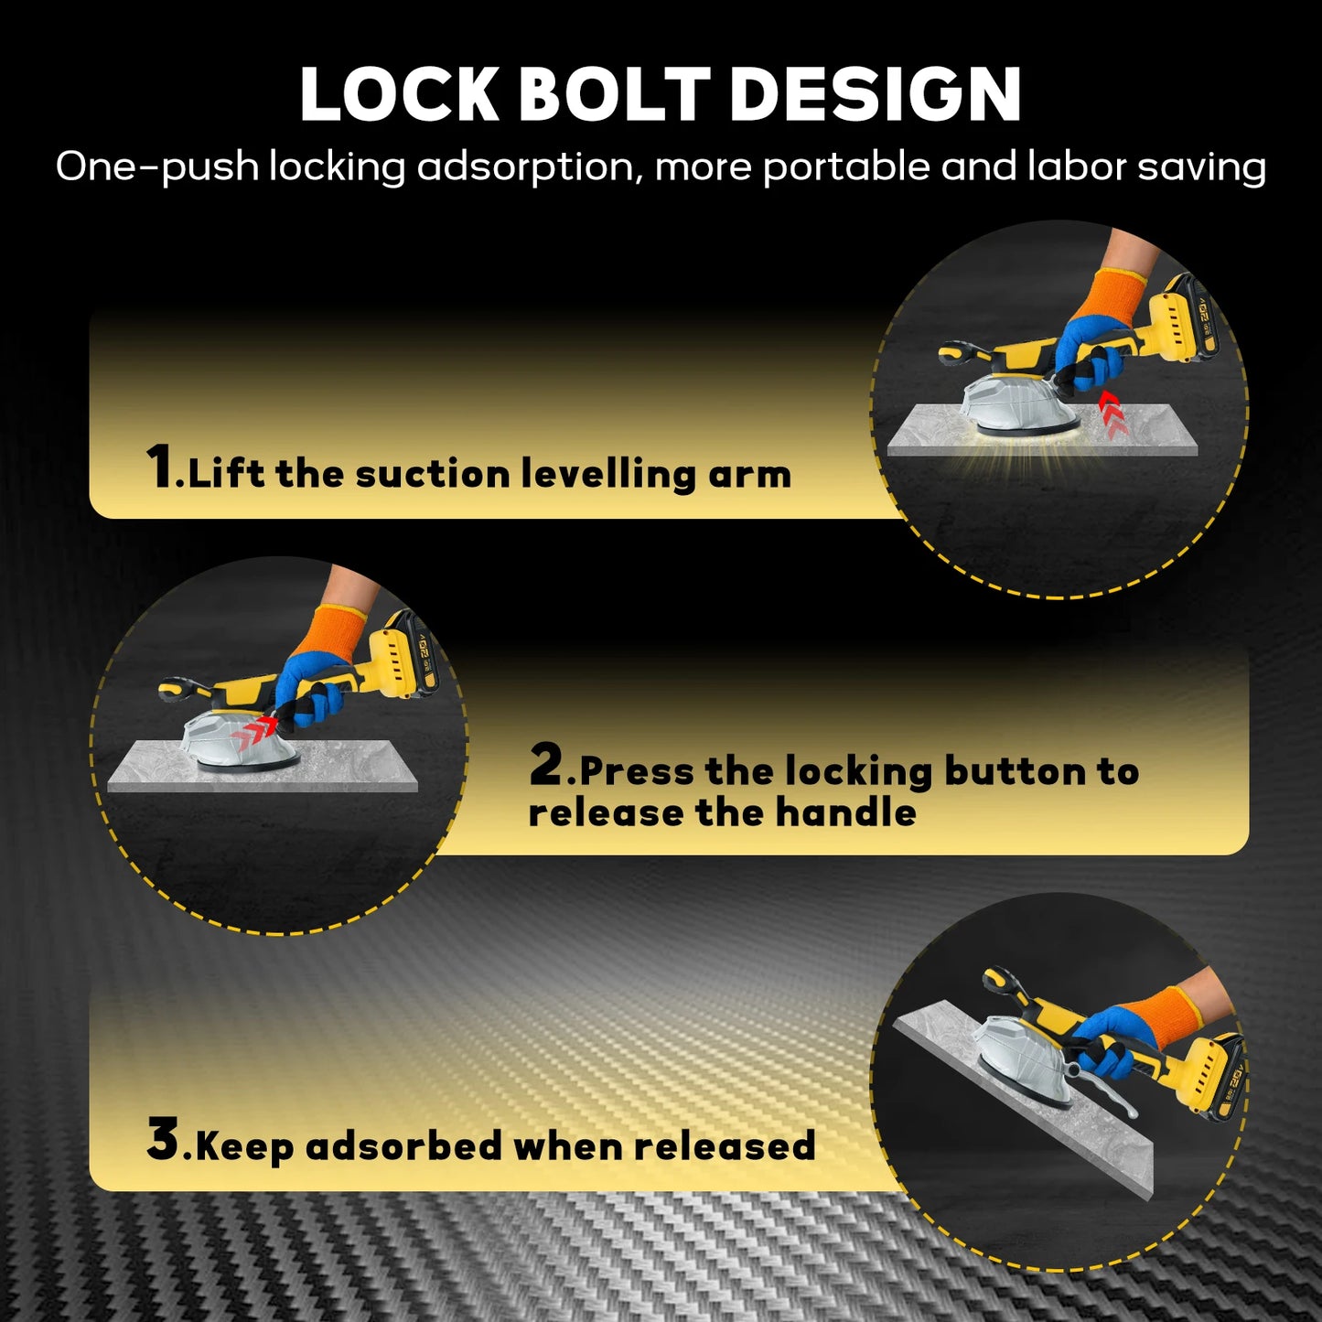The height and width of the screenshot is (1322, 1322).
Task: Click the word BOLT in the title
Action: tap(615, 94)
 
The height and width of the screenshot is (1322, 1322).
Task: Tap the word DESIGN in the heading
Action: tap(876, 94)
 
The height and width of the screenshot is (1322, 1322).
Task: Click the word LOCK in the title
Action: tap(399, 94)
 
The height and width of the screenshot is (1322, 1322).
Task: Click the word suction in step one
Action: tap(433, 474)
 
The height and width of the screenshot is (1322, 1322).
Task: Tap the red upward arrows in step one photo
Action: tap(1111, 411)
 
